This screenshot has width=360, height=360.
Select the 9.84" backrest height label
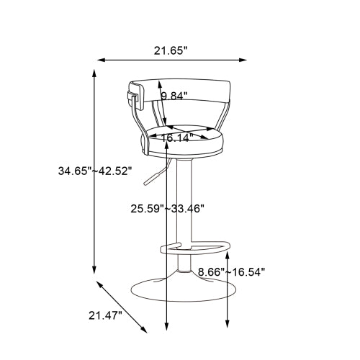[174, 96]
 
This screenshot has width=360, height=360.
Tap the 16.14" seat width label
[176, 138]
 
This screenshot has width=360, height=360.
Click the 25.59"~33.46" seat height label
[167, 209]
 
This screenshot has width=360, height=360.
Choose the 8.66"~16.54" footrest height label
[231, 271]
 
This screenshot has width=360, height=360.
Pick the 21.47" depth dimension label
[105, 315]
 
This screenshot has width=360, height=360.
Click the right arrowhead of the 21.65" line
[246, 60]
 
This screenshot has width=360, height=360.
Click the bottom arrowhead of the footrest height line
[228, 325]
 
